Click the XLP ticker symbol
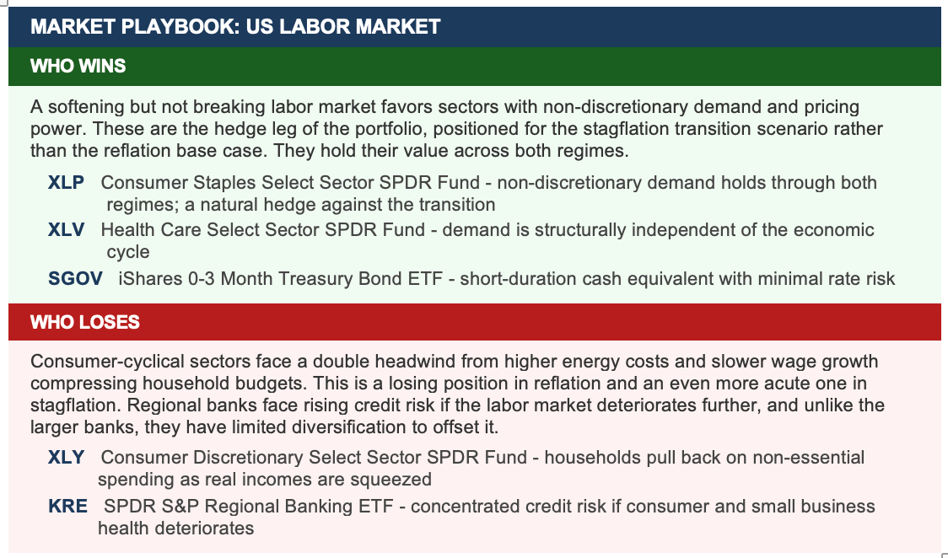point(66,182)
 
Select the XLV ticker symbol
point(66,229)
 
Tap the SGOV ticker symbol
point(76,278)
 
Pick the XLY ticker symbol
point(66,457)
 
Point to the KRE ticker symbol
point(67,506)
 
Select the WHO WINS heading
point(78,66)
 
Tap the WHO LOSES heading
point(84,322)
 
